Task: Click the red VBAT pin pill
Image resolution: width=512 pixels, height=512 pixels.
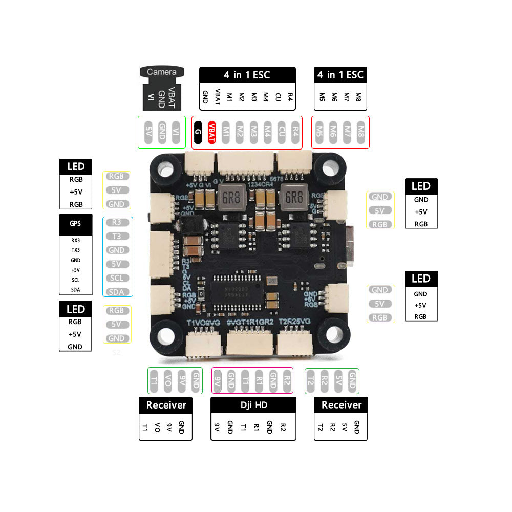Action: (x=212, y=132)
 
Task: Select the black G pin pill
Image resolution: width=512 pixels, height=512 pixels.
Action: (x=198, y=132)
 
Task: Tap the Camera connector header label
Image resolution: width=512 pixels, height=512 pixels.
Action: (x=162, y=72)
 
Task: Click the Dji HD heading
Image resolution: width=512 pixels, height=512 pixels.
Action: (x=253, y=405)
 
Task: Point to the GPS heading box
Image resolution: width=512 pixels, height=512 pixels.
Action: (x=75, y=224)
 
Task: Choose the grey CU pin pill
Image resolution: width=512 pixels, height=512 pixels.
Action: (x=281, y=132)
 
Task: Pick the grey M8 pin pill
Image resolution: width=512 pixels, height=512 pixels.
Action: (x=361, y=132)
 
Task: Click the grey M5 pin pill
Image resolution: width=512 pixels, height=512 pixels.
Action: (x=319, y=132)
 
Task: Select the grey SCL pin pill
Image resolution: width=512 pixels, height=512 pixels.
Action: (x=117, y=278)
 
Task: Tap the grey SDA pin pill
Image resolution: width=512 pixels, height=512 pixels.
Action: (x=117, y=292)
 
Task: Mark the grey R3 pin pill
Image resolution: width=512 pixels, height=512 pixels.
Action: (x=117, y=222)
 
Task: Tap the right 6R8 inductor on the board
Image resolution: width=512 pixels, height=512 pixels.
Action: (x=293, y=197)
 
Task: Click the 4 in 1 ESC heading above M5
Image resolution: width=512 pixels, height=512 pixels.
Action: (x=340, y=75)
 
